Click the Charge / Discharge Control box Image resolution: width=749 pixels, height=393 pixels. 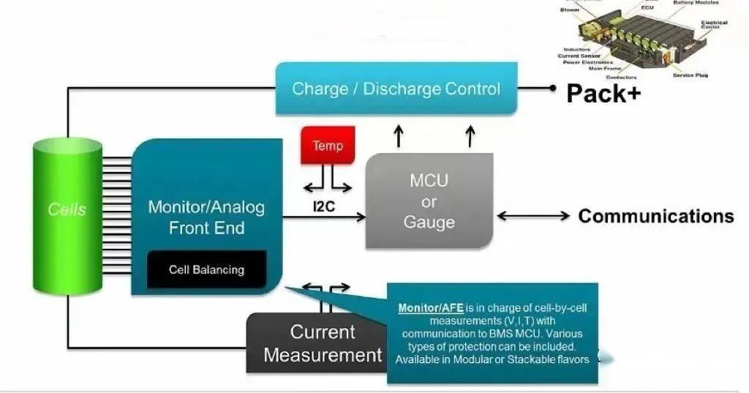(396, 89)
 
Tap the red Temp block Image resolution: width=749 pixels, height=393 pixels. (327, 145)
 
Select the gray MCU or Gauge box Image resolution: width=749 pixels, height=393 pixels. (429, 201)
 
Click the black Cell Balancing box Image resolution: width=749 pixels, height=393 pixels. (206, 269)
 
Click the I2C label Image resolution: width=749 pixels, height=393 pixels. (323, 206)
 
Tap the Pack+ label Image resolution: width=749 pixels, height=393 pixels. (603, 93)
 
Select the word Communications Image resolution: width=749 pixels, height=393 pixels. (655, 216)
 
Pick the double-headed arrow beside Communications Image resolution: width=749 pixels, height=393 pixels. (534, 216)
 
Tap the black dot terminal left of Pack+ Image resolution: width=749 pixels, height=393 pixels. (553, 89)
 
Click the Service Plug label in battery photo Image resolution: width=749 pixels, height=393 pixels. (690, 75)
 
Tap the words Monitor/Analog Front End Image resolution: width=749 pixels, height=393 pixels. (206, 217)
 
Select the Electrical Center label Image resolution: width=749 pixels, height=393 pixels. (714, 25)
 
